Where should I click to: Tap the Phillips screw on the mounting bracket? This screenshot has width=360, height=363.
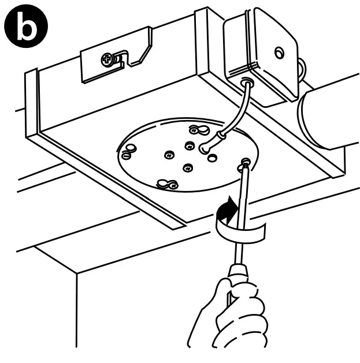[107, 58]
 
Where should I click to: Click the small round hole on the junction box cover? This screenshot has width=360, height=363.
[280, 53]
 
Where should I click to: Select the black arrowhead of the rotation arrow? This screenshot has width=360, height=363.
[231, 204]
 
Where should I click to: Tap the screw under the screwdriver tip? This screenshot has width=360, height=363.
[246, 164]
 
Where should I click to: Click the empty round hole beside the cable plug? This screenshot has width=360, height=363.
[213, 156]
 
